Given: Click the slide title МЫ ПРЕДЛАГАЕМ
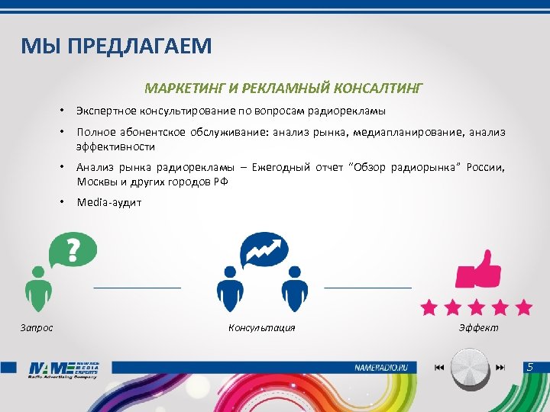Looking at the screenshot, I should [116, 47].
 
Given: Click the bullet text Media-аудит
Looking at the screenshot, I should [109, 202].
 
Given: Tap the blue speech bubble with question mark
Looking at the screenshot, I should [73, 249].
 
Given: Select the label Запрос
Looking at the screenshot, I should [36, 328].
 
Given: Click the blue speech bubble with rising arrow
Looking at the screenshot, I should [264, 249].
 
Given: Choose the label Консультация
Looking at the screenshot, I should [261, 328].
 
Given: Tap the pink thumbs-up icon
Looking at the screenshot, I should [478, 266].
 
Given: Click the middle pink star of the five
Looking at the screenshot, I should [477, 307].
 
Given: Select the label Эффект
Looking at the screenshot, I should [478, 328].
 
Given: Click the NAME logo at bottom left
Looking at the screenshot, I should [64, 369].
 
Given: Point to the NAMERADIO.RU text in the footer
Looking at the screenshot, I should [386, 368].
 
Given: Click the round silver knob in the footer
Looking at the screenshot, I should [469, 368].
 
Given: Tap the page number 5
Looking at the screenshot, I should [530, 368].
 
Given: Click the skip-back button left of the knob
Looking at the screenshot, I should [438, 368].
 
